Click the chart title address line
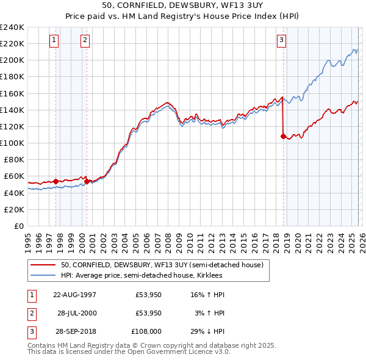[183, 7]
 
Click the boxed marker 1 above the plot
[54, 40]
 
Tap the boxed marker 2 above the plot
[85, 40]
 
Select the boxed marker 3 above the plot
[281, 40]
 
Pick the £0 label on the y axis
[18, 226]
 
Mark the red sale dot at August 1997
[56, 181]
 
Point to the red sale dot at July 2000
[87, 181]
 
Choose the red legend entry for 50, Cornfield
[162, 265]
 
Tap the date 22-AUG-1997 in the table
[75, 295]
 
